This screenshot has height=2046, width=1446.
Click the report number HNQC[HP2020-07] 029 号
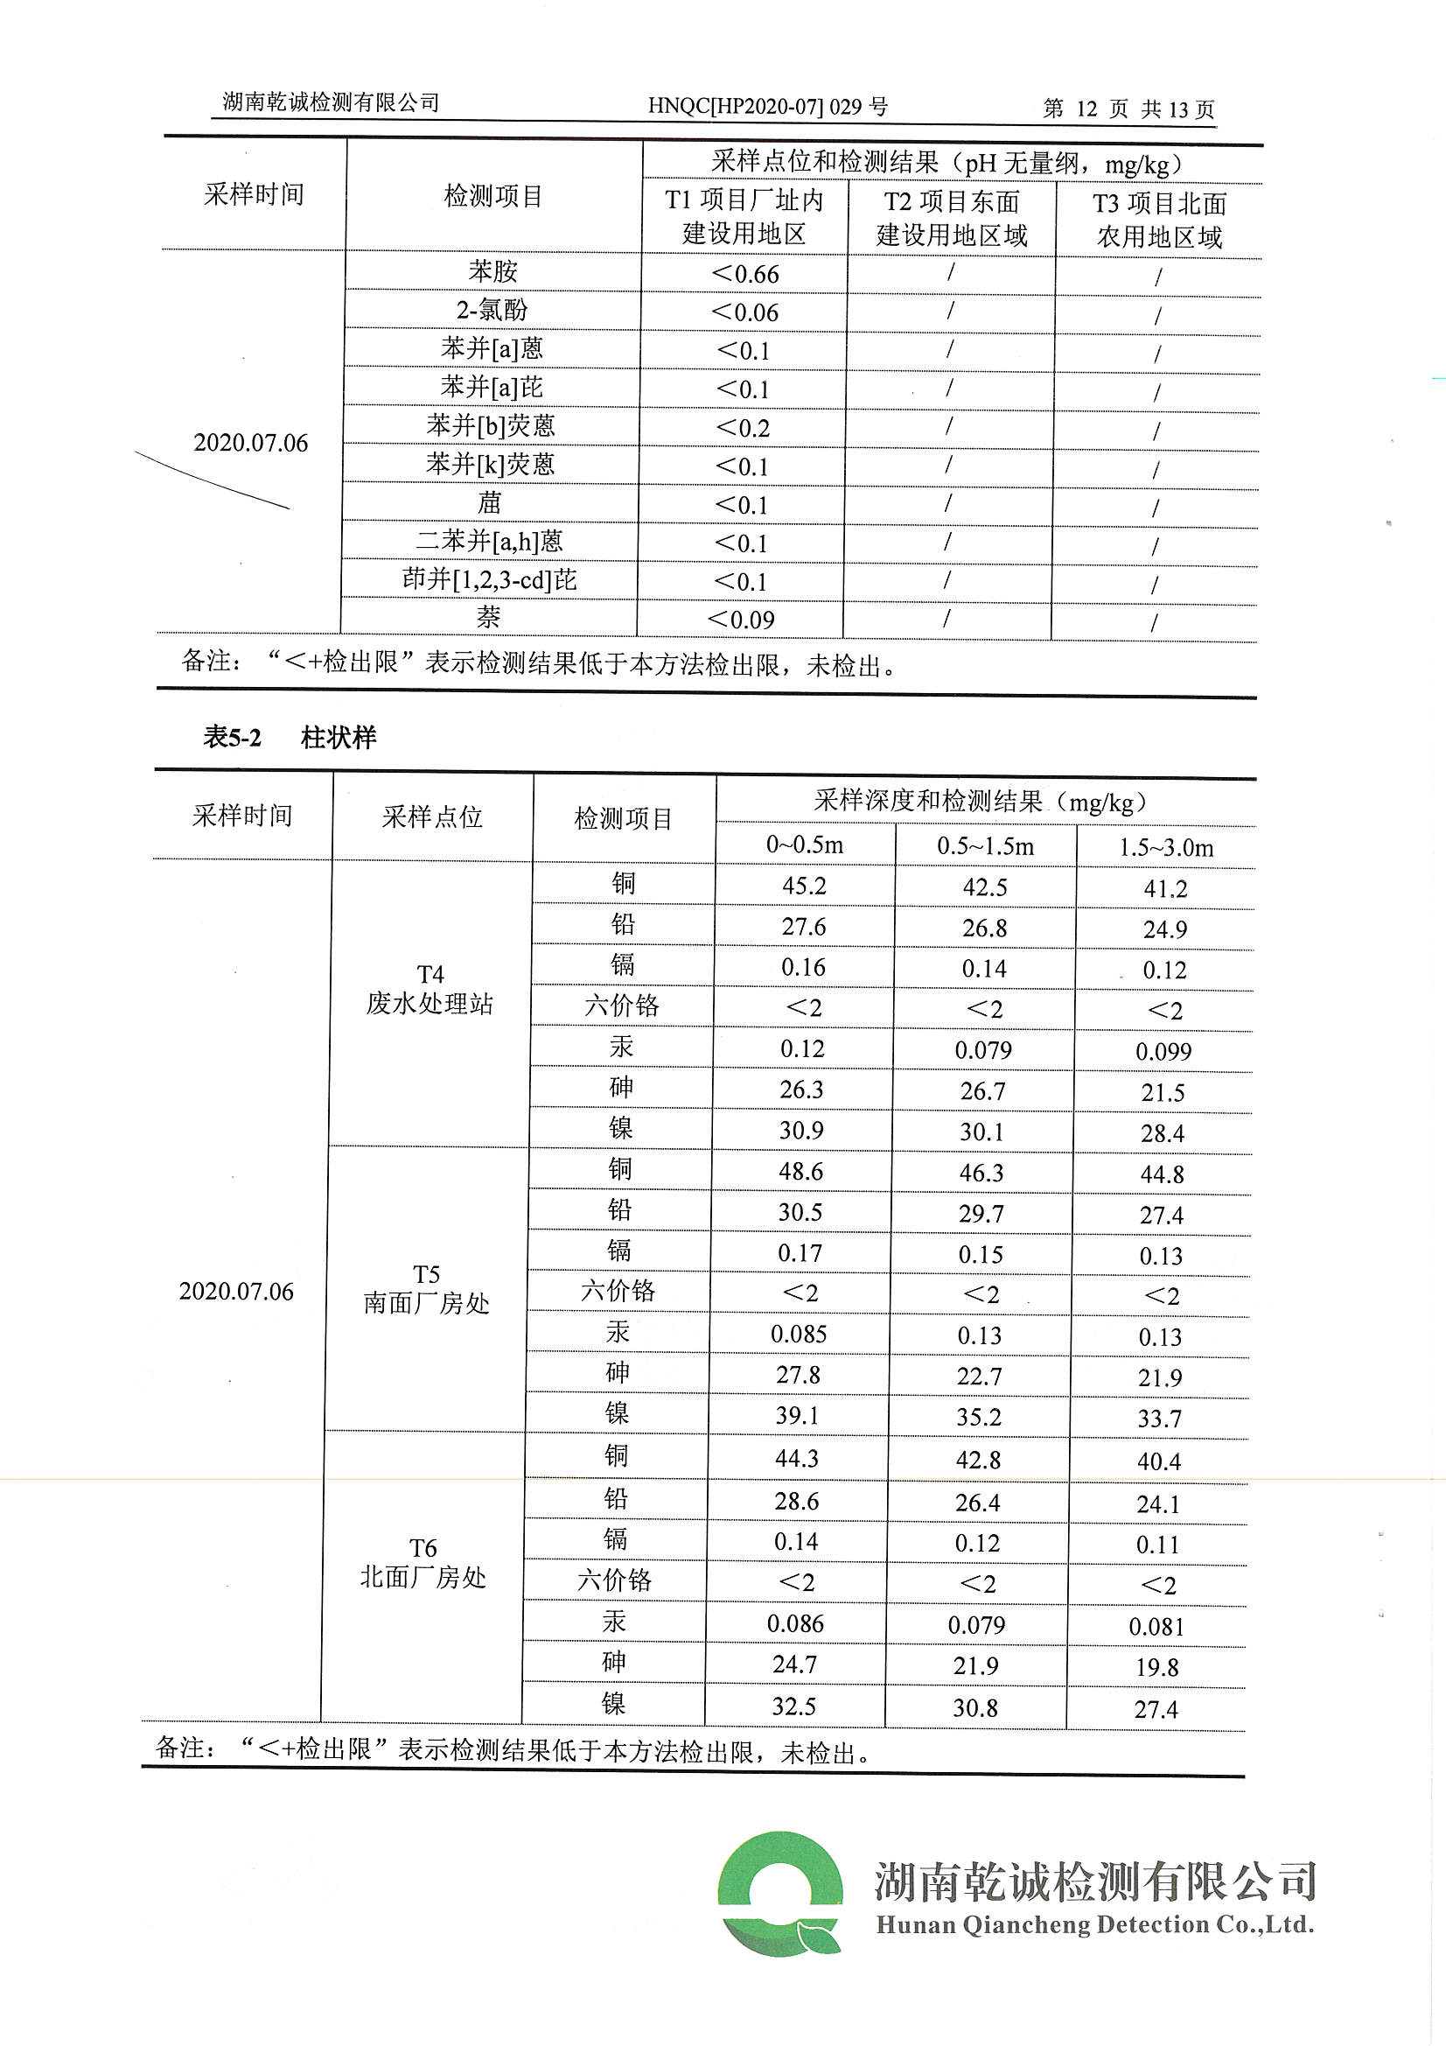(x=767, y=107)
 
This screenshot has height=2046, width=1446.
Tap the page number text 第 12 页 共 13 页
(x=1128, y=109)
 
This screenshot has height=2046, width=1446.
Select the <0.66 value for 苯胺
(x=744, y=275)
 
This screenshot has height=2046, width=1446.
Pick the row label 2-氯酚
(x=492, y=310)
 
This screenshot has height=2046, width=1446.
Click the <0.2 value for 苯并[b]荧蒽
(x=742, y=429)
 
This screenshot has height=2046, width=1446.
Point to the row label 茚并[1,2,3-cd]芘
(x=489, y=580)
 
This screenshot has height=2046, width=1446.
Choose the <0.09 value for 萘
(x=740, y=620)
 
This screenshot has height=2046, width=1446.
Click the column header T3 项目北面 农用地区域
(x=1159, y=221)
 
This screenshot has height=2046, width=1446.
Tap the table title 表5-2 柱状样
(x=290, y=737)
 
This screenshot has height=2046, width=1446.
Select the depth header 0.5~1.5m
(x=985, y=846)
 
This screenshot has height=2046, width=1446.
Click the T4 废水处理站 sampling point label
(x=430, y=990)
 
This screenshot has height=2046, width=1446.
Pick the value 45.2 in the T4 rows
(x=804, y=886)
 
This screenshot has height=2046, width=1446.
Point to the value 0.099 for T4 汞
(x=1163, y=1053)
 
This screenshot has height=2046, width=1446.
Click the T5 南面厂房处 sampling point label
(x=427, y=1289)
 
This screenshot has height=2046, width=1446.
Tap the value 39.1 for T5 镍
(x=799, y=1416)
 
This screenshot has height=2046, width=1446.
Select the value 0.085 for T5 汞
(x=799, y=1335)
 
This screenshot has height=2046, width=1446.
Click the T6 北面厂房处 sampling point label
(x=423, y=1563)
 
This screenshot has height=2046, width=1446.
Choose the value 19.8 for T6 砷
(x=1157, y=1667)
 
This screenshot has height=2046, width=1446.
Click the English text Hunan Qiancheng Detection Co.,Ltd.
(x=1095, y=1925)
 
